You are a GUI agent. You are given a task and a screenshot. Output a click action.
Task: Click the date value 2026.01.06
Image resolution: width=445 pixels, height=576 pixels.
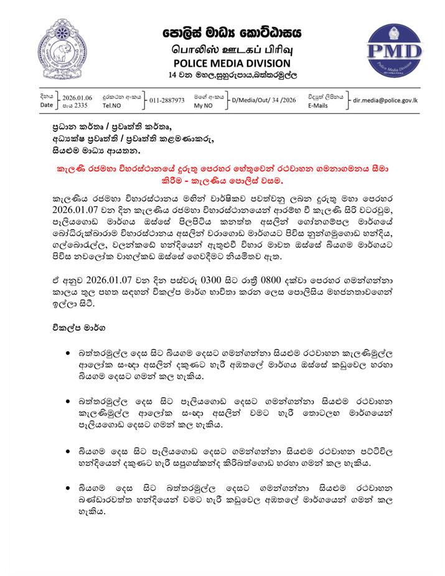[77, 98]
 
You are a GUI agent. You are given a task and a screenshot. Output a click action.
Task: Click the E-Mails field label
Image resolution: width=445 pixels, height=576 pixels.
[320, 106]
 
